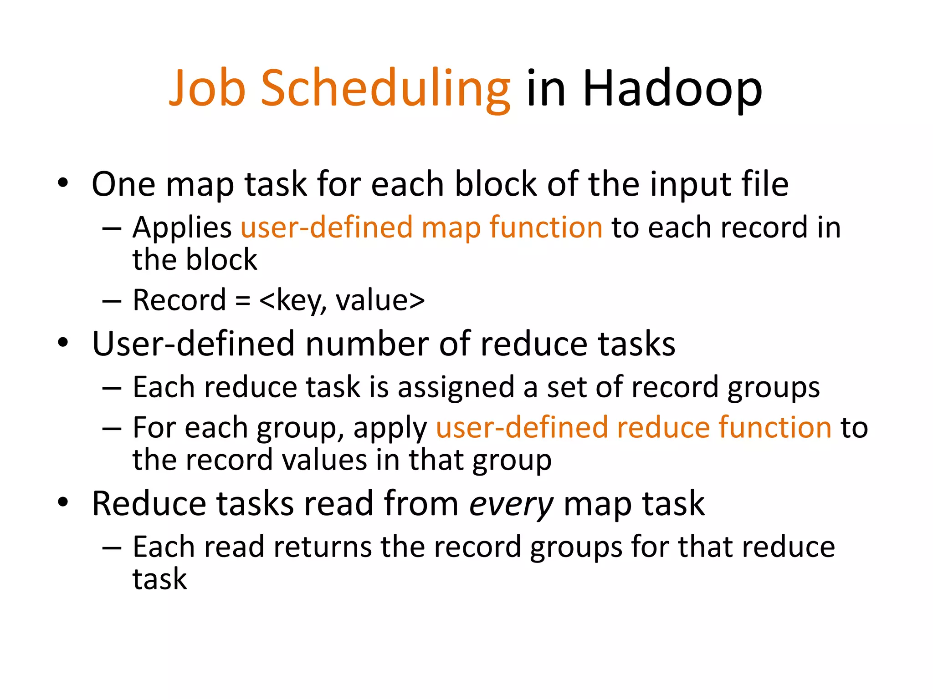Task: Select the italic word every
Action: click(x=511, y=504)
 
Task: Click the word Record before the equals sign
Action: click(x=179, y=300)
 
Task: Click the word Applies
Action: click(x=182, y=228)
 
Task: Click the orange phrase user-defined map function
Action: click(x=421, y=228)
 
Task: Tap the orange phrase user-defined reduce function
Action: click(x=634, y=428)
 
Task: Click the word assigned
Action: click(x=456, y=388)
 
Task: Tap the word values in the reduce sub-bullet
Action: click(x=324, y=460)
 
